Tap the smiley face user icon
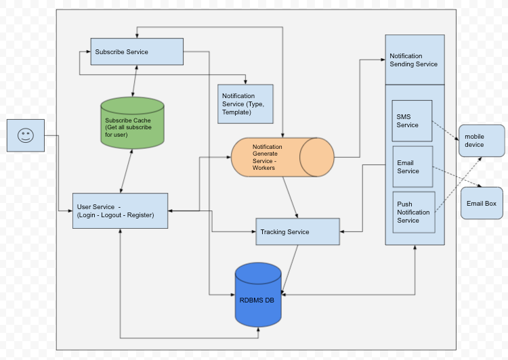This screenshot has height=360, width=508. pyautogui.click(x=26, y=135)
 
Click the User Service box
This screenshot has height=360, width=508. pyautogui.click(x=120, y=210)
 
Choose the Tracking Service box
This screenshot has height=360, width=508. pyautogui.click(x=297, y=231)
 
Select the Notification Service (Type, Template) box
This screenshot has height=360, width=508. pyautogui.click(x=245, y=104)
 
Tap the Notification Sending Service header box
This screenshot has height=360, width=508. pyautogui.click(x=415, y=60)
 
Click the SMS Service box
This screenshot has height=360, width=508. pyautogui.click(x=412, y=120)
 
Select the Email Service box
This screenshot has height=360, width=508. pyautogui.click(x=412, y=166)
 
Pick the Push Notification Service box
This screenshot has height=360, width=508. pyautogui.click(x=412, y=211)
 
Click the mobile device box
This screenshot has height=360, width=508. pyautogui.click(x=482, y=140)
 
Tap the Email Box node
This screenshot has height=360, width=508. pyautogui.click(x=482, y=203)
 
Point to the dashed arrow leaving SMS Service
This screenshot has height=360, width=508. pyautogui.click(x=445, y=132)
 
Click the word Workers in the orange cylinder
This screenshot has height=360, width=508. pyautogui.click(x=264, y=168)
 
